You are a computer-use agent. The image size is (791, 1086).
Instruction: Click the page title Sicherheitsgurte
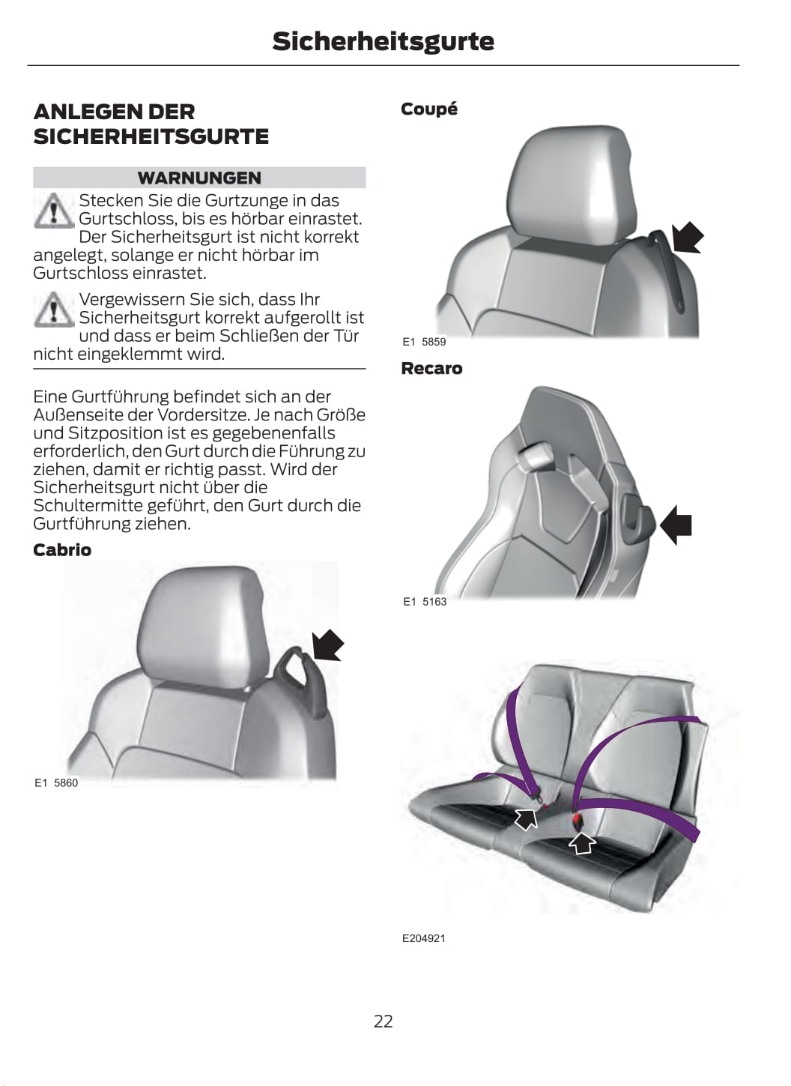383,42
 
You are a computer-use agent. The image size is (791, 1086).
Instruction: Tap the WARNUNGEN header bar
199,178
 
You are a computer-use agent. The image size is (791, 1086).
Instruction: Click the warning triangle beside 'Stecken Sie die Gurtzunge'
54,211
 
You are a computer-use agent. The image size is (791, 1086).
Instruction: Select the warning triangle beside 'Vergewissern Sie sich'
54,309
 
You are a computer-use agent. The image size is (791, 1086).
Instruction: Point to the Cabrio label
62,550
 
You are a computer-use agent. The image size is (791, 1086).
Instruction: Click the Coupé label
429,109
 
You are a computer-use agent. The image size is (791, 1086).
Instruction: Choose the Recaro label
431,369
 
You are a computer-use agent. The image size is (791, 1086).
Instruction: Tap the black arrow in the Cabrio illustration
327,645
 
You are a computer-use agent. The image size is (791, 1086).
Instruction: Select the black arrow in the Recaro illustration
676,525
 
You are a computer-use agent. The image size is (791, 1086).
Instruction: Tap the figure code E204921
424,952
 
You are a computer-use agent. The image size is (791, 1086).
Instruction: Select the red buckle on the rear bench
578,820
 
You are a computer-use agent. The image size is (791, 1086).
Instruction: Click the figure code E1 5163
425,602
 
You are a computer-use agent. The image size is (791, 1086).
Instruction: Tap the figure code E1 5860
55,783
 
